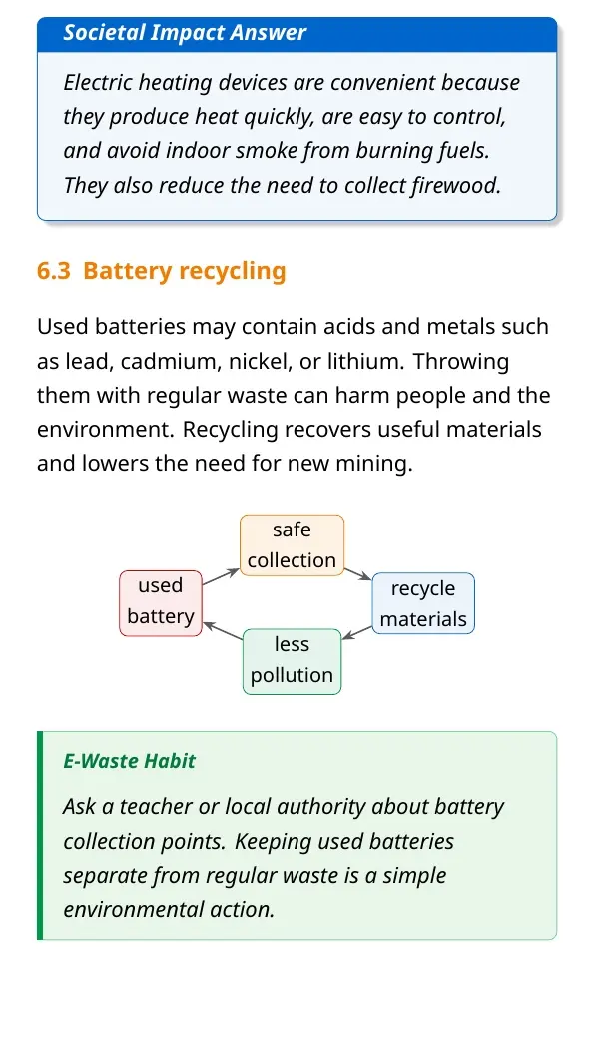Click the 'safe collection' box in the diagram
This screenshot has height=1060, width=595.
[292, 544]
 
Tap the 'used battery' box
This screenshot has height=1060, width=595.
[161, 603]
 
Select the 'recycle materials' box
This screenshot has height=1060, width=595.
[423, 603]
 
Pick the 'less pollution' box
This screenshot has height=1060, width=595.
[292, 661]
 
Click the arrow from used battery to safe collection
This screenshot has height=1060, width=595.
[221, 576]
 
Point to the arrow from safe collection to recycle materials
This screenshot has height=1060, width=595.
[358, 573]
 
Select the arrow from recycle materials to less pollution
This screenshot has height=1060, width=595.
[357, 632]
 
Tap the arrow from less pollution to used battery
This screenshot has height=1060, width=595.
[223, 630]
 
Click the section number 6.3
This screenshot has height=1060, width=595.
[54, 271]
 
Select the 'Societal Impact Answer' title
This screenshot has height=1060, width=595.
[185, 32]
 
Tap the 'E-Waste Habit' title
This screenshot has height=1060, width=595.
[129, 761]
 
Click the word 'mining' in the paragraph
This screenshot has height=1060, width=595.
[374, 465]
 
